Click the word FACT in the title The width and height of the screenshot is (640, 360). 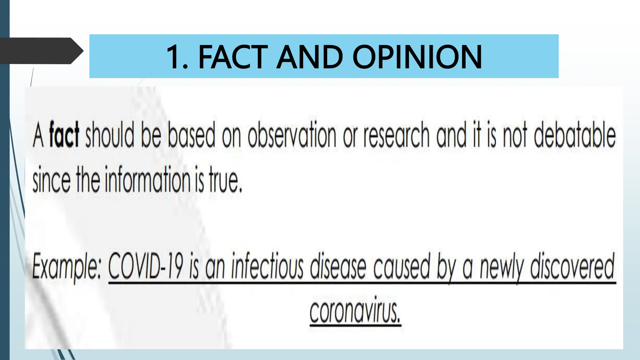[233, 57]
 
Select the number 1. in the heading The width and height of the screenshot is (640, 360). [177, 57]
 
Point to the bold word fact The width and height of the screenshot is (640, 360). [64, 135]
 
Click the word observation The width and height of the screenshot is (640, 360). [292, 136]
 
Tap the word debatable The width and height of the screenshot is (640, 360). [574, 136]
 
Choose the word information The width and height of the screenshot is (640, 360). [147, 180]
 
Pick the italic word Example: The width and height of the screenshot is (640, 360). [66, 267]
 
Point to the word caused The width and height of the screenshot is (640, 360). [402, 267]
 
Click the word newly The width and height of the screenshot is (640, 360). [501, 267]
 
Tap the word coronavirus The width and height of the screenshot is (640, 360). [355, 311]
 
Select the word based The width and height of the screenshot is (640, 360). [192, 136]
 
